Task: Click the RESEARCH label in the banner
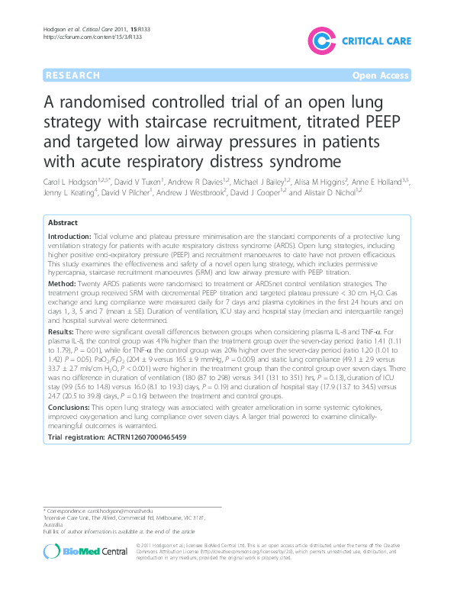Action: (x=72, y=76)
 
